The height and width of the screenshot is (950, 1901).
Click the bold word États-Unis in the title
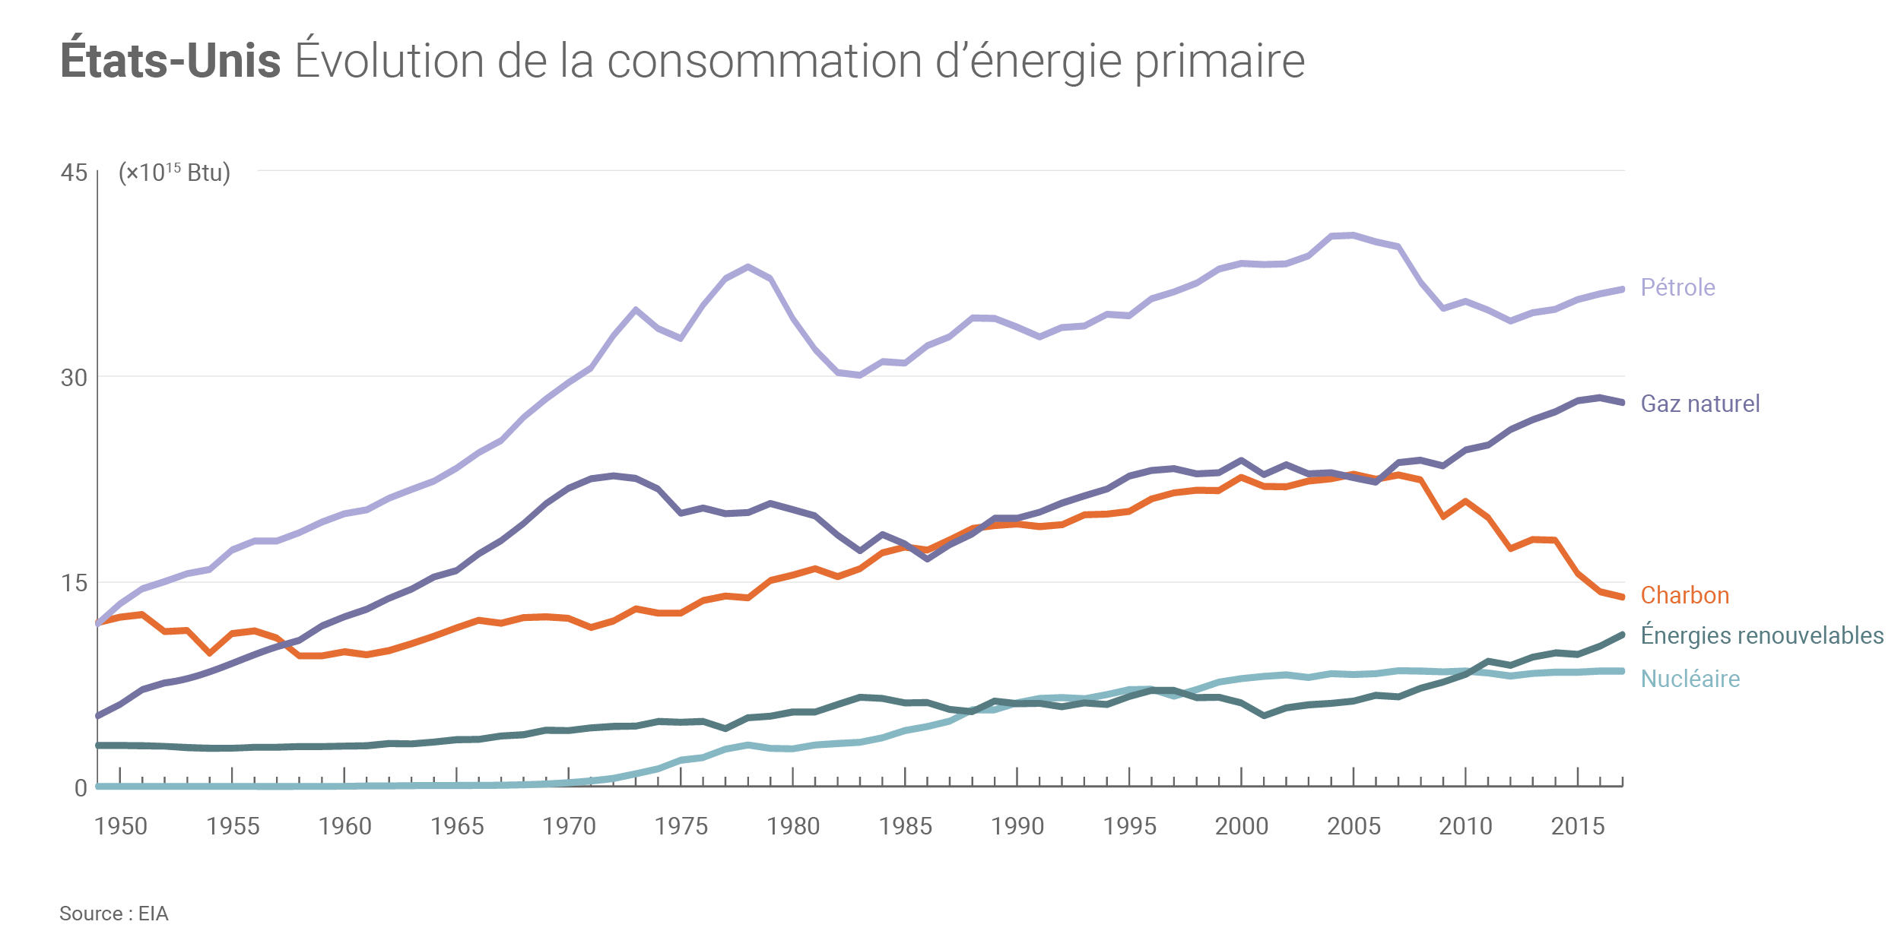pos(170,61)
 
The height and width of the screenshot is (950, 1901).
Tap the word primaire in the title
pos(1220,61)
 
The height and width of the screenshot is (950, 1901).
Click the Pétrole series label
pos(1677,287)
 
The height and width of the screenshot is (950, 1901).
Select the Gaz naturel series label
pos(1699,404)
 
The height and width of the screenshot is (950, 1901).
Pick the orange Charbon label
pos(1684,595)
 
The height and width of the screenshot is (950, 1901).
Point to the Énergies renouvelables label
pos(1761,635)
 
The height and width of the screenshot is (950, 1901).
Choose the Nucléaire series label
pos(1690,679)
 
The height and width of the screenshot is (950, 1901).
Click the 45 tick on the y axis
pos(74,173)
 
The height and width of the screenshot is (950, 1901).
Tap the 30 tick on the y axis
pos(74,378)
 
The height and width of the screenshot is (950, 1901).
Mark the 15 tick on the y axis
pos(74,583)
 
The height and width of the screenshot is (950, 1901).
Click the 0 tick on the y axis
pos(81,788)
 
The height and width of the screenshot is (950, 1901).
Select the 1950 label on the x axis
pos(121,826)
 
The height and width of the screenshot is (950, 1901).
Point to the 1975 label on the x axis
pos(681,826)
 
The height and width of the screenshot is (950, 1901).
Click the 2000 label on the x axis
pos(1242,826)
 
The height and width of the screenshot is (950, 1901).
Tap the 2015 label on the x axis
pos(1578,826)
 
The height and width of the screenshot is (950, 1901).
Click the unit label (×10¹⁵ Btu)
pos(174,173)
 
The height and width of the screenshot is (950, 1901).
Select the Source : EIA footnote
pos(114,914)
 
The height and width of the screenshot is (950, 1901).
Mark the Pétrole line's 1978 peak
pos(748,267)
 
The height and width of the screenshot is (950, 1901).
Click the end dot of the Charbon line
pos(1623,597)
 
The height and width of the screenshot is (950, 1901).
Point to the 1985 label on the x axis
pos(906,826)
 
